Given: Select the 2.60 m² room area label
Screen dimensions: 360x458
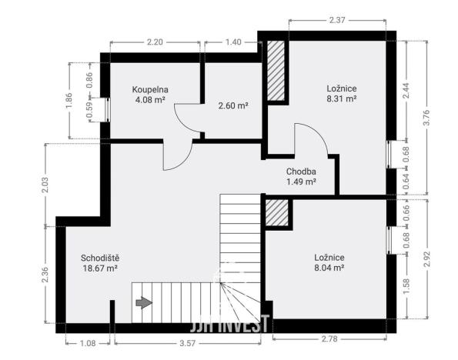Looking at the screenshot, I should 232,105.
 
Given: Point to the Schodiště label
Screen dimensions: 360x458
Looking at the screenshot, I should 100,258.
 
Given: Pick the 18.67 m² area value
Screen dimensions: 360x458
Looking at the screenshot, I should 100,268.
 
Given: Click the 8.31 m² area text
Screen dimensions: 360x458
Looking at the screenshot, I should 341,99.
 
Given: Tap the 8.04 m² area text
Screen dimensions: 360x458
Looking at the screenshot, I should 329,268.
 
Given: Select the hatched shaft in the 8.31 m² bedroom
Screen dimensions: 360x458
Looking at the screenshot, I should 276,70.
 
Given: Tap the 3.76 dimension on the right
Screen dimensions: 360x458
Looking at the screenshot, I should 426,117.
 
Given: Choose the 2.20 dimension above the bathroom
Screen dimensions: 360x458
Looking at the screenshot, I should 155,42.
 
